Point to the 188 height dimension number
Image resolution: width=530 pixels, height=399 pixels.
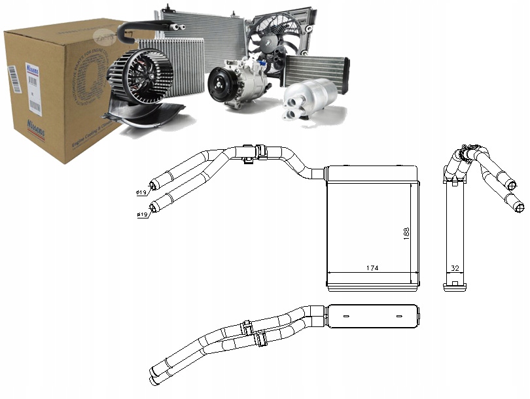pyautogui.click(x=406, y=234)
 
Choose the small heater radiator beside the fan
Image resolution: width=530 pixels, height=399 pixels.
pyautogui.click(x=317, y=69)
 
